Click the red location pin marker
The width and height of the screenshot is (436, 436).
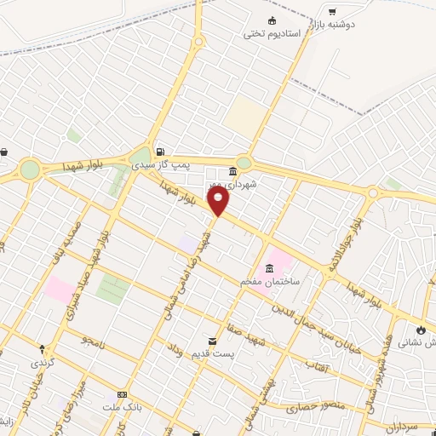pos(219,201)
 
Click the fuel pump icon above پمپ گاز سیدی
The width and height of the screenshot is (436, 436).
pos(160,143)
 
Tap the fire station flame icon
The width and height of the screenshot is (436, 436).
pos(420,330)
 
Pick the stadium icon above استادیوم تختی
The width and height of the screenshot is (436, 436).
pos(272,20)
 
